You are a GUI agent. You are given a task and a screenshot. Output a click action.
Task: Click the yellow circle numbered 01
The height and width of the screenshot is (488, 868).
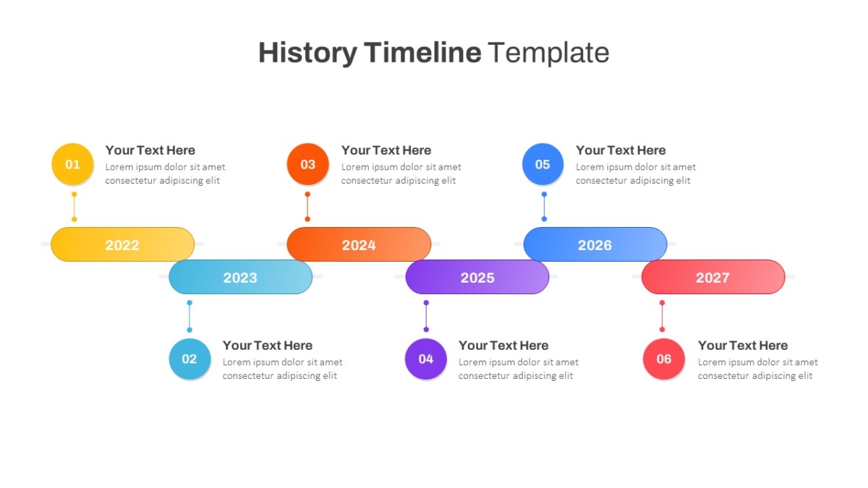point(72,164)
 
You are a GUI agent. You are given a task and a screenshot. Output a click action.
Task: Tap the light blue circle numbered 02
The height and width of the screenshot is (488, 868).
point(190,359)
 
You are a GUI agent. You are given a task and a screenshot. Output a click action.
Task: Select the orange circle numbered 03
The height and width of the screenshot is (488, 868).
point(307,164)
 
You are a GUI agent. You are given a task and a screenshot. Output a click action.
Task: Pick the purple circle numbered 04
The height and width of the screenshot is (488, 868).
point(426,359)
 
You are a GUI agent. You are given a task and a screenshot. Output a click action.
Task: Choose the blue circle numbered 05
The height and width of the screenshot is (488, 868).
point(542,164)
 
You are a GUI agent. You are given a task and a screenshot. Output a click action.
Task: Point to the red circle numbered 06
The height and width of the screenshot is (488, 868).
point(664,359)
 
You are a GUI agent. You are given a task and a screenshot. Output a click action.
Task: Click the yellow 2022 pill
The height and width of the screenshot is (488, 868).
point(122,244)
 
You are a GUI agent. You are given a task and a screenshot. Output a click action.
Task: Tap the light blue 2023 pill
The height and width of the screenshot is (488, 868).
point(240,277)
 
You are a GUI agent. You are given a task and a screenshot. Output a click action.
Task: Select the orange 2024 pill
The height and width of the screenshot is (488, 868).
point(359,244)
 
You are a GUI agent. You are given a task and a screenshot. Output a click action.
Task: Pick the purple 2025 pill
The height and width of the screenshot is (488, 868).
point(477,277)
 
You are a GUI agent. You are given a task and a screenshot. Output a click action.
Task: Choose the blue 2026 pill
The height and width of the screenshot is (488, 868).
point(595,244)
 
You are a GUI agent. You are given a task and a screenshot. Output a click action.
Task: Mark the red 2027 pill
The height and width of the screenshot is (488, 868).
point(713,277)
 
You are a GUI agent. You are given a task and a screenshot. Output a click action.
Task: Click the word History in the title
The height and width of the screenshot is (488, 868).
point(307,53)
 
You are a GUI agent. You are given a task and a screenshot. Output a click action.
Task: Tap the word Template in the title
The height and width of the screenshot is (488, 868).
point(548,53)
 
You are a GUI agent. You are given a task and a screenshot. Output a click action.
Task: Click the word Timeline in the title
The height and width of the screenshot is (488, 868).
point(422,52)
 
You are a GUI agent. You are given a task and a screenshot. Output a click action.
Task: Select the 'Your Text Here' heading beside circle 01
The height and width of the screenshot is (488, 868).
point(150,150)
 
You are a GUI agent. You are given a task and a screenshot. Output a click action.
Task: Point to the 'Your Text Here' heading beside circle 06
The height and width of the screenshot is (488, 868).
point(743,346)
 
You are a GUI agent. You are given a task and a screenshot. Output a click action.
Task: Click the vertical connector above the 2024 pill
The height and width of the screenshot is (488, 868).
point(307,207)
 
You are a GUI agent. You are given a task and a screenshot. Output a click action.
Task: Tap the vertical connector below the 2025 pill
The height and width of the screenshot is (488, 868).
point(426,316)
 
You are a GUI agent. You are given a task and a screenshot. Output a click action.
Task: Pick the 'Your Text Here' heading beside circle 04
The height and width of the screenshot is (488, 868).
point(503,346)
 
